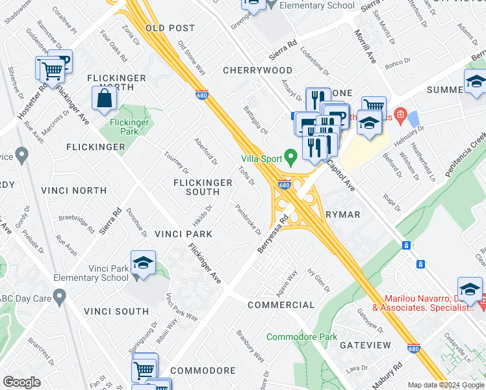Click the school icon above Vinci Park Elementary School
(x=142, y=263)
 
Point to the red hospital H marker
(x=401, y=116)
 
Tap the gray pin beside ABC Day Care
(x=60, y=298)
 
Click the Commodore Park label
(x=302, y=337)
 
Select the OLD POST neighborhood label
(x=170, y=28)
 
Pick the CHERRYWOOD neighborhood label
(x=257, y=70)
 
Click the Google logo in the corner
(x=21, y=382)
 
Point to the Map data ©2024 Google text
(x=445, y=385)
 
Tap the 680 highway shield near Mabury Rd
(x=414, y=349)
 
